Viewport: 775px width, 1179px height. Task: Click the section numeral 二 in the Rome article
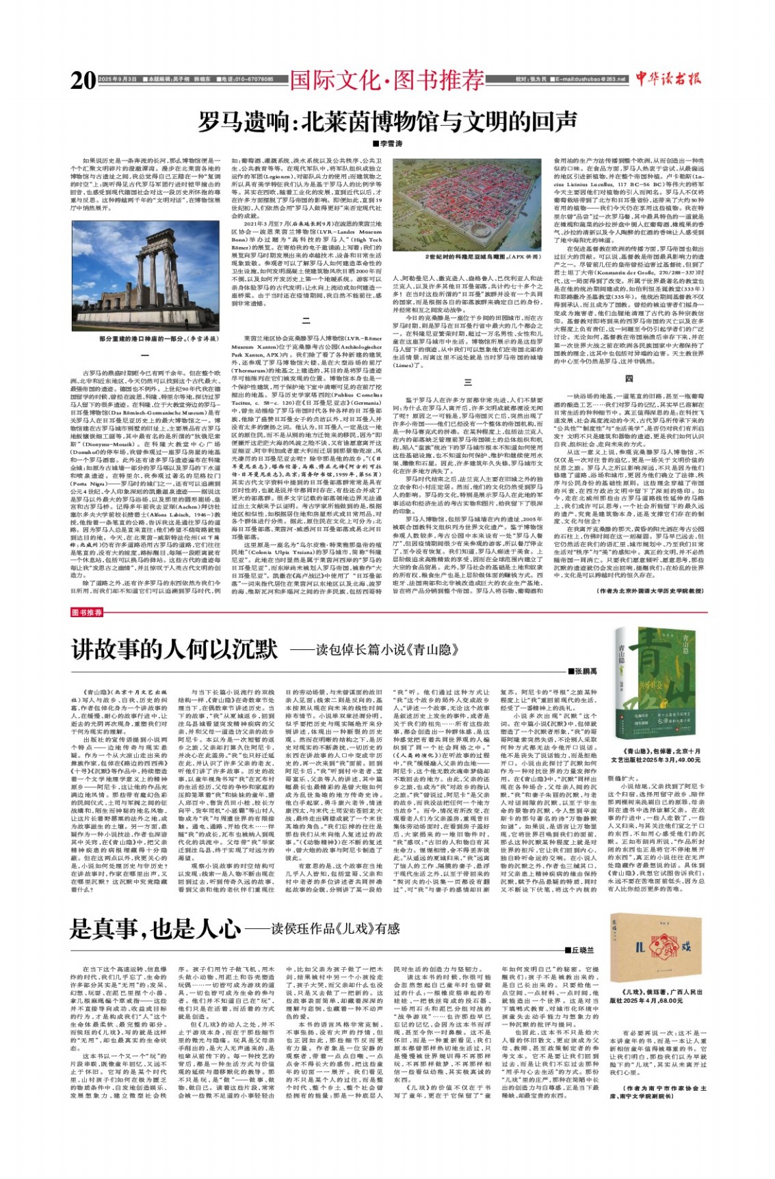(x=306, y=321)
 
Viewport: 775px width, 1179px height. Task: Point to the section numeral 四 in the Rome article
(x=629, y=378)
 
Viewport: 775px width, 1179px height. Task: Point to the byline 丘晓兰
(x=580, y=950)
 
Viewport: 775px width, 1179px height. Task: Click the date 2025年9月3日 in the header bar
(x=118, y=80)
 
